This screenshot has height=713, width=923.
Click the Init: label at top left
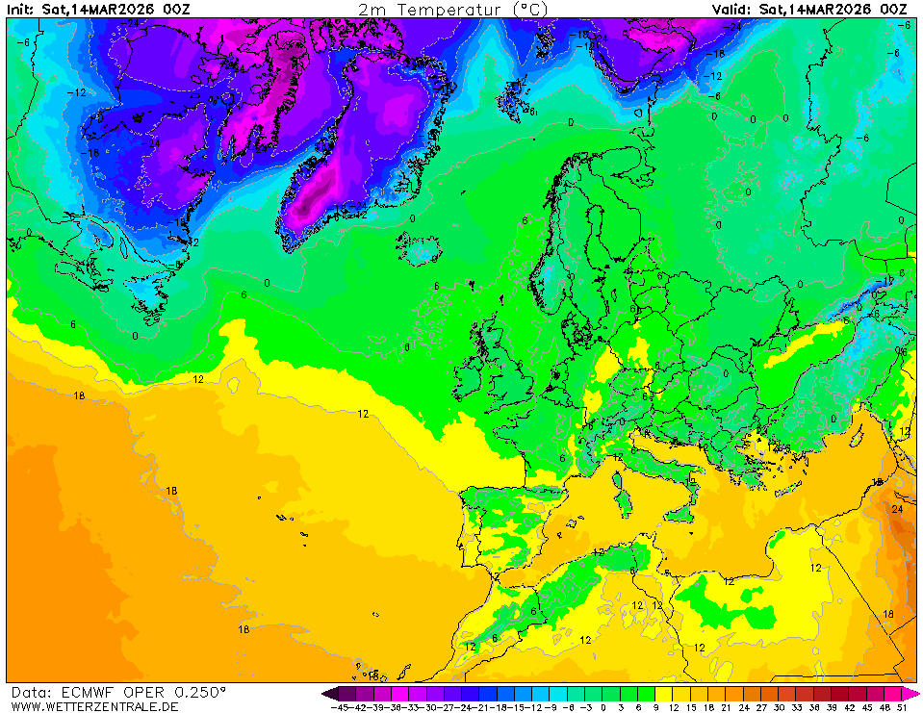21,9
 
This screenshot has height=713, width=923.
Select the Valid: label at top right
732,9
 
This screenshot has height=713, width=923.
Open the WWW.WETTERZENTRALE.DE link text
89,706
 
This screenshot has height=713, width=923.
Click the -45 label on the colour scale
338,707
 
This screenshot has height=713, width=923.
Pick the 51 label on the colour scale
903,707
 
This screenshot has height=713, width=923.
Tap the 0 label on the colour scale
603,707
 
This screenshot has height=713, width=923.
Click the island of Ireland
470,370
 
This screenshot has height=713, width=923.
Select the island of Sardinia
623,500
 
